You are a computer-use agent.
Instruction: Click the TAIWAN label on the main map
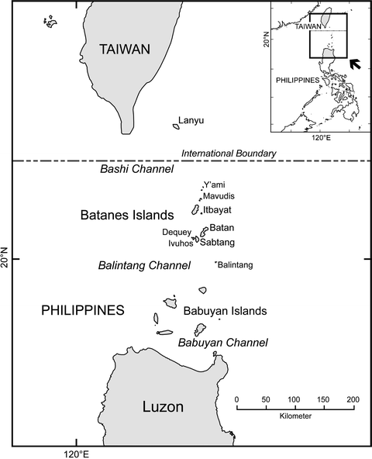coord(124,50)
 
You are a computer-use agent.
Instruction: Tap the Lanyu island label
coord(191,120)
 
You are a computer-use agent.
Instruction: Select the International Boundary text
coord(228,154)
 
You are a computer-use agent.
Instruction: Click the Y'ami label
coord(215,185)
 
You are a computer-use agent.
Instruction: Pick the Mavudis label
coord(218,197)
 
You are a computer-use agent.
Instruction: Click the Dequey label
coord(176,232)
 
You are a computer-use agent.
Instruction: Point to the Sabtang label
coord(219,243)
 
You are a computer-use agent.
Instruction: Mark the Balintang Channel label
coord(144,266)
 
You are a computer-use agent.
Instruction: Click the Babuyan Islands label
coord(225,311)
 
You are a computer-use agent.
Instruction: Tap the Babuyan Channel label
coord(223,342)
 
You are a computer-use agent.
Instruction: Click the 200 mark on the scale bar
coord(353,399)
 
